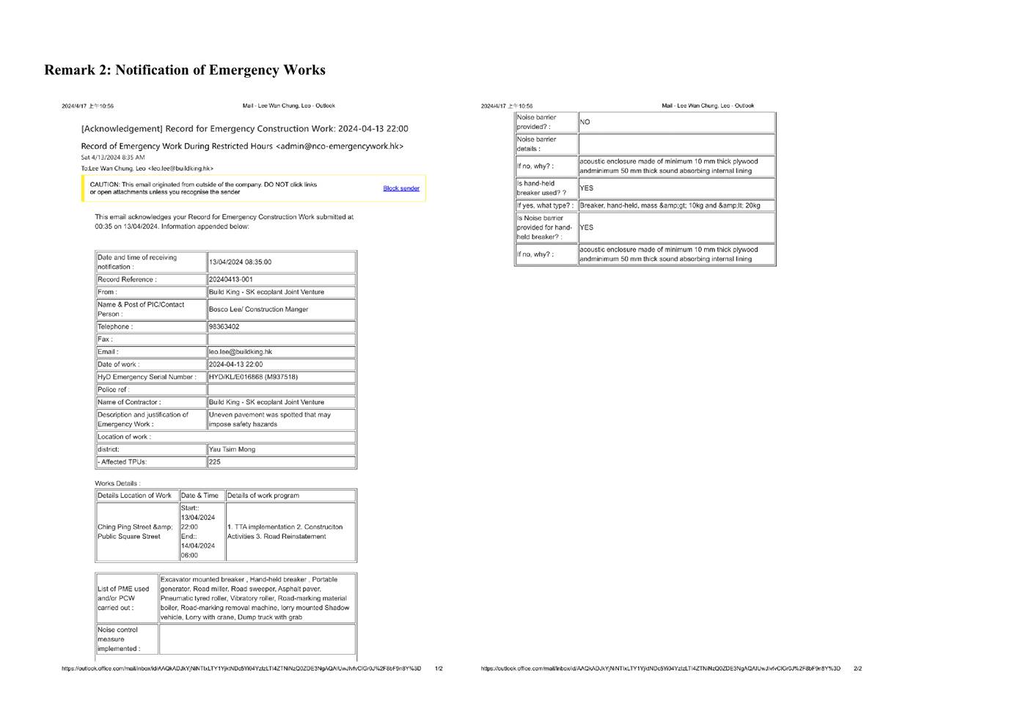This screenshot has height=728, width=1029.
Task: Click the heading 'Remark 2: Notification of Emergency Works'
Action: (185, 70)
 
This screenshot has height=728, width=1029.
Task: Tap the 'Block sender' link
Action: (401, 188)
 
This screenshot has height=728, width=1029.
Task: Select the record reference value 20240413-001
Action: (231, 279)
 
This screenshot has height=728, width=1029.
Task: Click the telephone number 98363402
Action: (224, 327)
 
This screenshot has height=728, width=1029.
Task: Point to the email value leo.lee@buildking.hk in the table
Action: (241, 352)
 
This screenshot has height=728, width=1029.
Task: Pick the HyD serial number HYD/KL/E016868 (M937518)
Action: (253, 377)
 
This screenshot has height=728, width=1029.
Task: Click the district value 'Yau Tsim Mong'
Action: (232, 449)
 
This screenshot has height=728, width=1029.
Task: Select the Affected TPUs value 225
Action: (215, 462)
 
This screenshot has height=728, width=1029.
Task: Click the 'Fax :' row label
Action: (105, 339)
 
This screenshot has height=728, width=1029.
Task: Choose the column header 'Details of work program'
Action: (263, 496)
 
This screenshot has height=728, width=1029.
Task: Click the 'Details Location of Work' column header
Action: (134, 496)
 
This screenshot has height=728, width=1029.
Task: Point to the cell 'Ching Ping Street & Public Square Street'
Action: (135, 532)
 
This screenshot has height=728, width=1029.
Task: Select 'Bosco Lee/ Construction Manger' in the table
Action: (258, 309)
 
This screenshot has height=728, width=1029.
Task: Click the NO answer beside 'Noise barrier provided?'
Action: (585, 122)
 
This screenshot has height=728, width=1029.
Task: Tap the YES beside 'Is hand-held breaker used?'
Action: (587, 188)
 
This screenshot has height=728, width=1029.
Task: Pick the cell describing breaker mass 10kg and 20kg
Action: (670, 206)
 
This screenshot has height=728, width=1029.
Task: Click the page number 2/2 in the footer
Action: (857, 669)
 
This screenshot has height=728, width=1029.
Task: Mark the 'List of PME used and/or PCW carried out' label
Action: (123, 598)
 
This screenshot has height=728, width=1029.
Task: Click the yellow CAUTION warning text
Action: (203, 188)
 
